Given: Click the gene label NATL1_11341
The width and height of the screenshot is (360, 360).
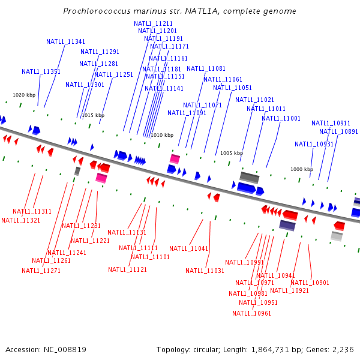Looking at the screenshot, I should (x=65, y=42).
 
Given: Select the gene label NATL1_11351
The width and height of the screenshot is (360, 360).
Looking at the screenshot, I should (x=41, y=72).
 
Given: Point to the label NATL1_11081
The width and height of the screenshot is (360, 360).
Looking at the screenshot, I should (x=206, y=69).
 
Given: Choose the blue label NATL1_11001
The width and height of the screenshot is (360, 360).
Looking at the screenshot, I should (x=281, y=119).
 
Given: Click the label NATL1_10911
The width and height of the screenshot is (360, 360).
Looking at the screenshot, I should (x=331, y=124).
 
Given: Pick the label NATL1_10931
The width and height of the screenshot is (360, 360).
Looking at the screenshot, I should (x=314, y=145).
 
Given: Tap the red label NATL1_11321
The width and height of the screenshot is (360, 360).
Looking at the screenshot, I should (x=20, y=221).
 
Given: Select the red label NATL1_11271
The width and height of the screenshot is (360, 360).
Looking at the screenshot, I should (x=41, y=271).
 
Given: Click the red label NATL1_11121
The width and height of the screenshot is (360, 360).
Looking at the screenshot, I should (x=127, y=270).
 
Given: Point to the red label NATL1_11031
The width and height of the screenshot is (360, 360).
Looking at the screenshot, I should (x=205, y=271).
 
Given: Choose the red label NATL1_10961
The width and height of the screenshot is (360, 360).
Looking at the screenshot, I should (x=251, y=313).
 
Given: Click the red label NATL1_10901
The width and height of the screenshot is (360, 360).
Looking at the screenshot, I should (x=310, y=283).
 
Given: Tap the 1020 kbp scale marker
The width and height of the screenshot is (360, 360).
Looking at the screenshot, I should (x=24, y=95).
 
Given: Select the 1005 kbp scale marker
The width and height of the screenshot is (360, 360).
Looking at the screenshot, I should (x=232, y=154).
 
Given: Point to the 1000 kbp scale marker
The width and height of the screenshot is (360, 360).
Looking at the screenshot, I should (x=302, y=170).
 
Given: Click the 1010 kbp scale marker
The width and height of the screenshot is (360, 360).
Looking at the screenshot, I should (x=162, y=136).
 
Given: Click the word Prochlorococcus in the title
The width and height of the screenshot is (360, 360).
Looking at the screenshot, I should (x=97, y=11).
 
